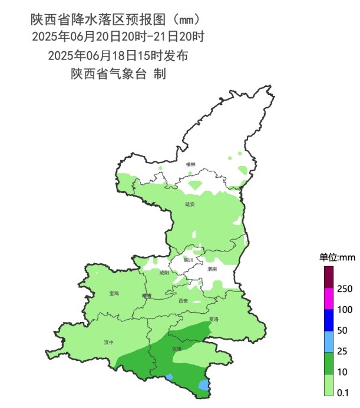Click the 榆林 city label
pos(190,164)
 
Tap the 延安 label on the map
pos(190,204)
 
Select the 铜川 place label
pos(188,260)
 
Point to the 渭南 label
pos(212,268)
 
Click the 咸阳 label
pos(164,273)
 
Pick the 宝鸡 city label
pos(114,293)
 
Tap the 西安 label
pos(183,301)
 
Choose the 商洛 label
pos(213,320)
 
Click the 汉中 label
pos(108,342)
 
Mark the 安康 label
pos(176,349)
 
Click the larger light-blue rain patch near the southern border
pos(204,385)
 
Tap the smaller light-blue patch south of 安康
pos(170,377)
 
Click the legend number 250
pos(345,288)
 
